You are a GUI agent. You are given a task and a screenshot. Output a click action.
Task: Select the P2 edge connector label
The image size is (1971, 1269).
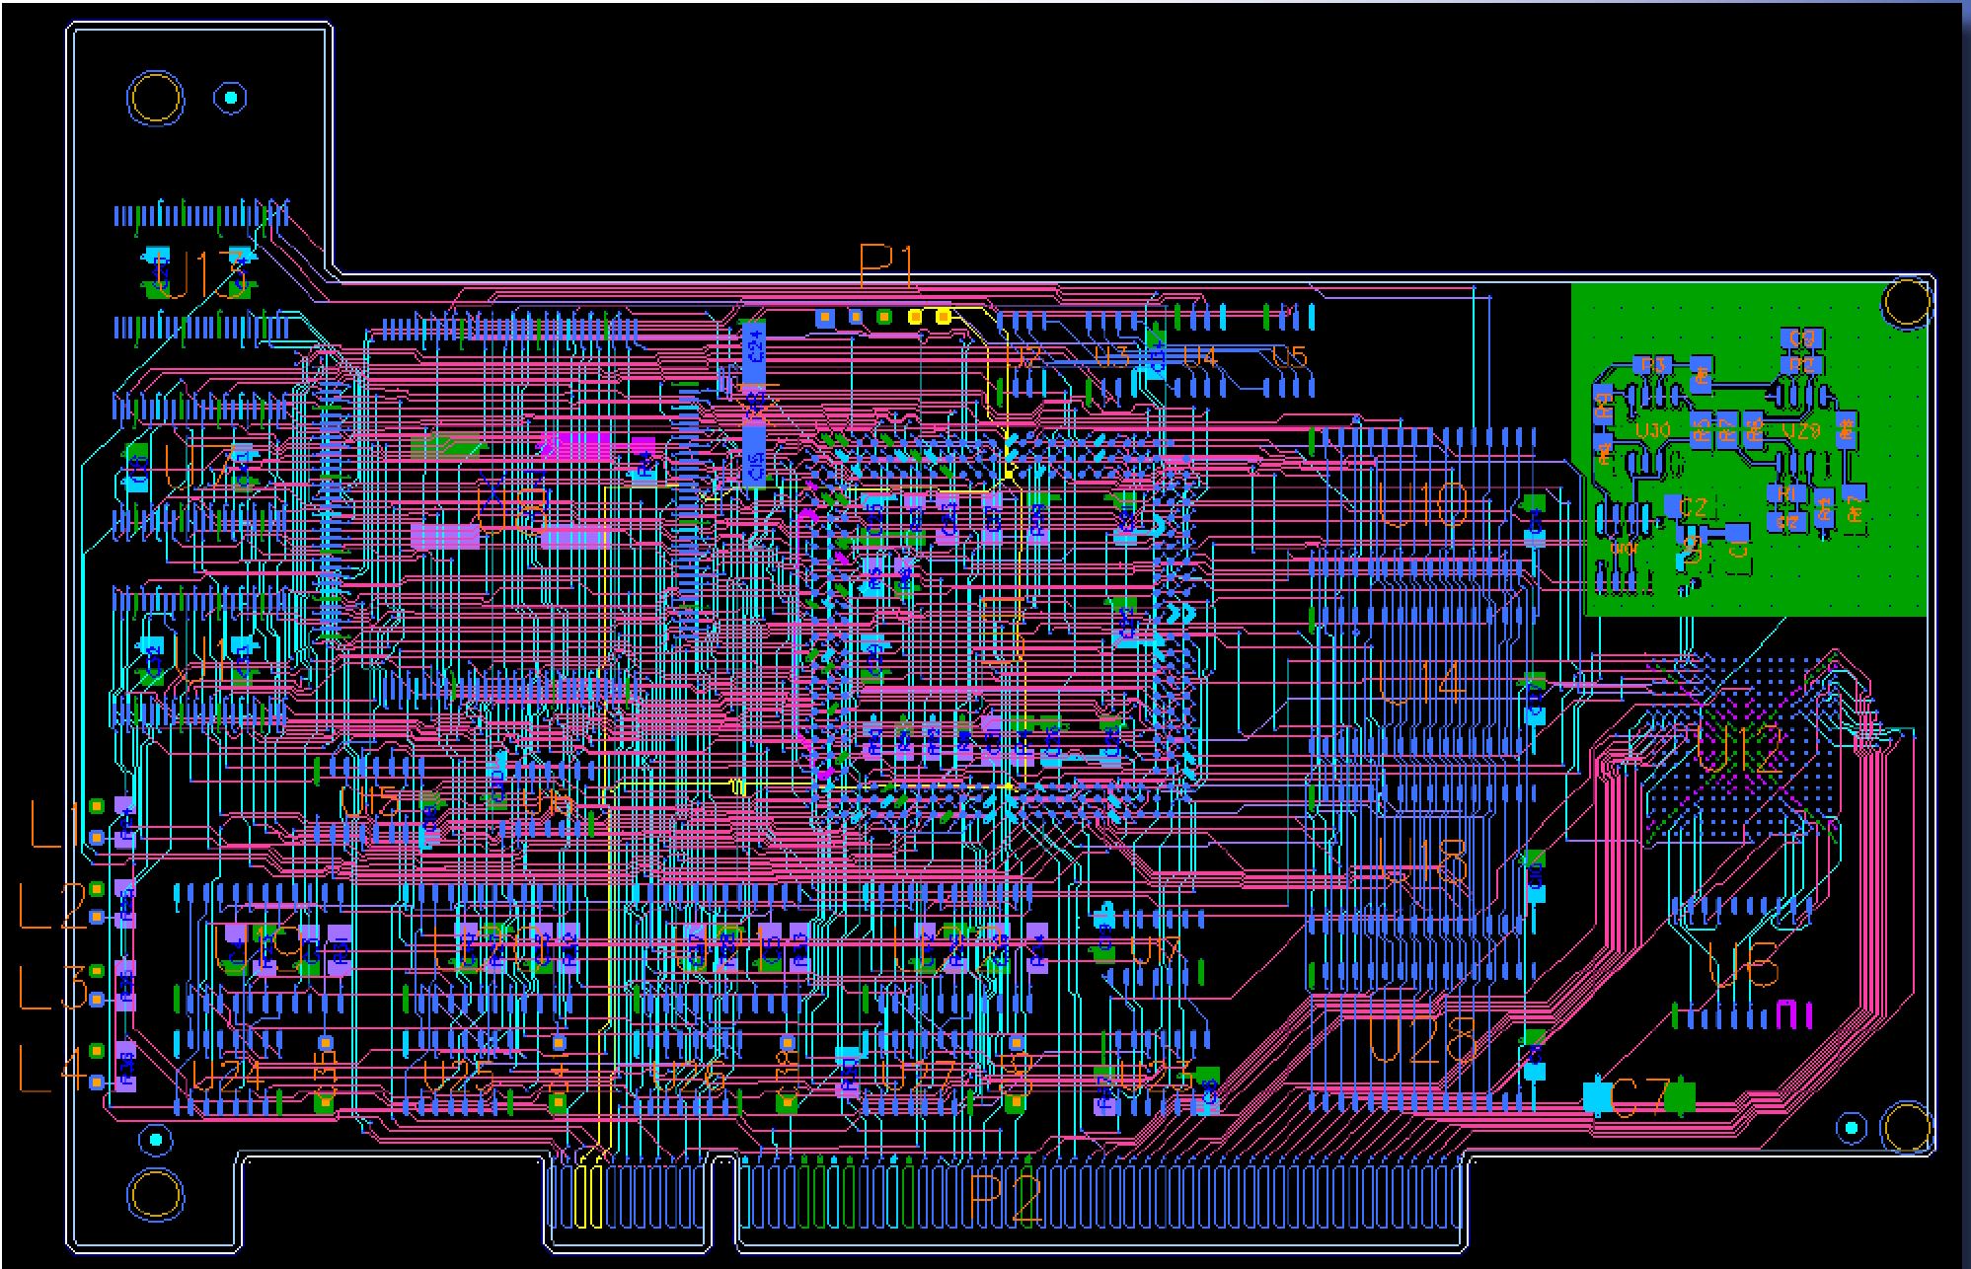click(x=1005, y=1199)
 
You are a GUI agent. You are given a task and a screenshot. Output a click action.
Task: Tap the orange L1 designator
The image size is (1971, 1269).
click(x=54, y=825)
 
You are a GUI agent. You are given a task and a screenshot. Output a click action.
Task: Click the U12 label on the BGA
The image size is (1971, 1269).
click(x=1741, y=755)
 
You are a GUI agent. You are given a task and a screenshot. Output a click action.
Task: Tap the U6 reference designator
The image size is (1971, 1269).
click(x=1744, y=964)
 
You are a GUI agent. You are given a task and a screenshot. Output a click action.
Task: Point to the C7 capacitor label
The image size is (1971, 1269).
click(x=1638, y=1098)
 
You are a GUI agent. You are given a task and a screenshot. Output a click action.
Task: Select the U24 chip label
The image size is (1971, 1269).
click(x=227, y=1077)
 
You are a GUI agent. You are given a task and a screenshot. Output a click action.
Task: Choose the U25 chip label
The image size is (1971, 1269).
click(x=458, y=1078)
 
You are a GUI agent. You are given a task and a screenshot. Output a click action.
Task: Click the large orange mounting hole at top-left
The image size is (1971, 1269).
click(x=155, y=99)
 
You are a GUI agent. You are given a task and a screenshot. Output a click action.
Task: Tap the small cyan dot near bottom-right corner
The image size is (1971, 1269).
click(x=1852, y=1128)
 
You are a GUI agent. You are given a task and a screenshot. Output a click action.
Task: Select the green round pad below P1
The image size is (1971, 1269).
click(x=884, y=317)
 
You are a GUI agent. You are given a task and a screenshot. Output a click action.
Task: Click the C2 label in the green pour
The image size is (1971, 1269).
click(x=1694, y=508)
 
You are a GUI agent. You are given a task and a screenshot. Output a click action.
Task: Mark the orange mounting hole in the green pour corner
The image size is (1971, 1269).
click(x=1906, y=302)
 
